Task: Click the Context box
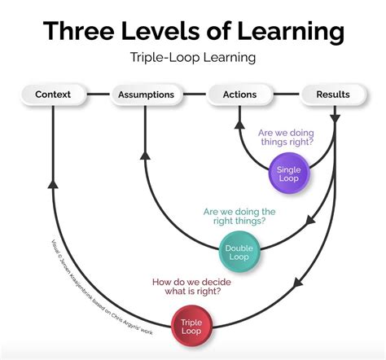(x=53, y=94)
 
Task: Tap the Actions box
(x=239, y=94)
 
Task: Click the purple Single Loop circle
(x=289, y=173)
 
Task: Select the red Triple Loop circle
(x=191, y=327)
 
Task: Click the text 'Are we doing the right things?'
(x=239, y=216)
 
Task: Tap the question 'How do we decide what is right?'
(x=191, y=288)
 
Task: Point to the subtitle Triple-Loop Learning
(x=192, y=58)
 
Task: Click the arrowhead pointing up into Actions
(x=239, y=124)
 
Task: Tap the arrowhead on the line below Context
(x=53, y=184)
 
